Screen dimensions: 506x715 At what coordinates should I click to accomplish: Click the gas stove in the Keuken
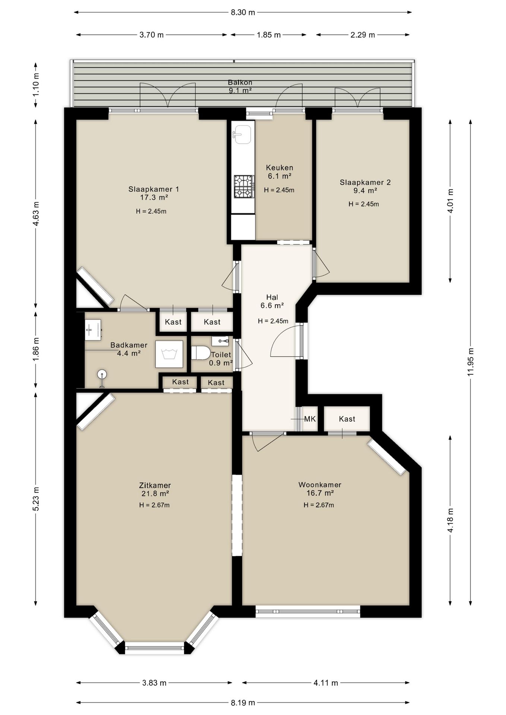click(244, 187)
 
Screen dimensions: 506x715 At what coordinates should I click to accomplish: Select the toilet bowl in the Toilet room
click(201, 353)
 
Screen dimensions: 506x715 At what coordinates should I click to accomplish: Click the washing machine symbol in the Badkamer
click(169, 354)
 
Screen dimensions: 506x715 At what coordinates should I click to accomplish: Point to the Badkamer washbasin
click(93, 330)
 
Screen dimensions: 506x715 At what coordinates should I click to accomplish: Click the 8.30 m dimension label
click(243, 12)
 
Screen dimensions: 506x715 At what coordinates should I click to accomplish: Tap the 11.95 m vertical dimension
click(471, 362)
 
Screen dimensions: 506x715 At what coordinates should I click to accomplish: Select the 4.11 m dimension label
click(326, 683)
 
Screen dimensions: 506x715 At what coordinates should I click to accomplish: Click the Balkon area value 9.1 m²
click(240, 90)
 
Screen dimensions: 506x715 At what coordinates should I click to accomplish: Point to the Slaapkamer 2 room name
click(365, 182)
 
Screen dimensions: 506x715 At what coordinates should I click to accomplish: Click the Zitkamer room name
click(155, 485)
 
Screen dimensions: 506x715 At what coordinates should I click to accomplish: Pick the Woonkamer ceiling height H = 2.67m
click(319, 505)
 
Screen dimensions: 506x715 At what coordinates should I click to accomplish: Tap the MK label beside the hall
click(310, 419)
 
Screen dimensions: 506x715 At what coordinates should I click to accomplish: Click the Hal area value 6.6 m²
click(272, 306)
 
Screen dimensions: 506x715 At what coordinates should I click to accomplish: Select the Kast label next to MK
click(347, 419)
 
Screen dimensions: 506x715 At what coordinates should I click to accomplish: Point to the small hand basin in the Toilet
click(220, 341)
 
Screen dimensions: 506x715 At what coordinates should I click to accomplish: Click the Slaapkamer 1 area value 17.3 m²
click(154, 197)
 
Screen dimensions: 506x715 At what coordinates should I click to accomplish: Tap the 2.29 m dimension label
click(363, 35)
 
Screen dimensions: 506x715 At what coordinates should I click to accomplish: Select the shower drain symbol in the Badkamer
click(102, 374)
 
